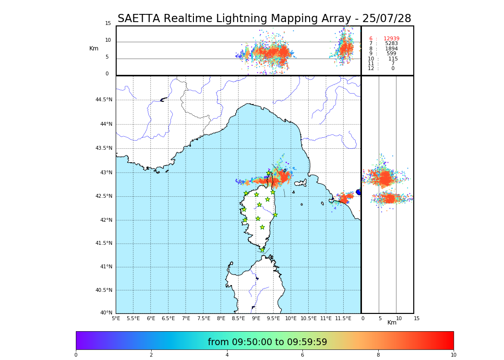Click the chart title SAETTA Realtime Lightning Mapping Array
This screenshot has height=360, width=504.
pyautogui.click(x=264, y=19)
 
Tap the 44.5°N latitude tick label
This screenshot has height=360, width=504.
pyautogui.click(x=103, y=100)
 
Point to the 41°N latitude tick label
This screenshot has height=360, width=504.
pyautogui.click(x=106, y=267)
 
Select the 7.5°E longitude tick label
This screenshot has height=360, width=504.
pyautogui.click(x=204, y=318)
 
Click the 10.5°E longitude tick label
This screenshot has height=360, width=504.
pyautogui.click(x=308, y=318)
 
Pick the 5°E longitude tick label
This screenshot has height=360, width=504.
pyautogui.click(x=116, y=318)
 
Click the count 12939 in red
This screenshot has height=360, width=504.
pyautogui.click(x=391, y=39)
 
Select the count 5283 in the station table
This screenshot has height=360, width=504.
pyautogui.click(x=391, y=44)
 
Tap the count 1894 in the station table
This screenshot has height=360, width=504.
pyautogui.click(x=391, y=49)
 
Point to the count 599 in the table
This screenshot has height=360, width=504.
pyautogui.click(x=391, y=54)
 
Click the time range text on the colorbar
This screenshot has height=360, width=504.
pyautogui.click(x=267, y=342)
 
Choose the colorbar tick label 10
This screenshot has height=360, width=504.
pyautogui.click(x=453, y=355)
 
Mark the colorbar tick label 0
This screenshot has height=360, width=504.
pyautogui.click(x=76, y=355)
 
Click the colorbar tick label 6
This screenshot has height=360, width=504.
pyautogui.click(x=302, y=355)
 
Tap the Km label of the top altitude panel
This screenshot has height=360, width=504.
pyautogui.click(x=94, y=48)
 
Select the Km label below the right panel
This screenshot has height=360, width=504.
pyautogui.click(x=392, y=323)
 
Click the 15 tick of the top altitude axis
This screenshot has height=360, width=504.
pyautogui.click(x=108, y=24)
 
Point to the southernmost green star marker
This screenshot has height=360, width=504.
pyautogui.click(x=262, y=250)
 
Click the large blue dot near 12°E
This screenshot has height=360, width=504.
pyautogui.click(x=359, y=192)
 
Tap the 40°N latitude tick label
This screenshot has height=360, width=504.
pyautogui.click(x=106, y=313)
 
